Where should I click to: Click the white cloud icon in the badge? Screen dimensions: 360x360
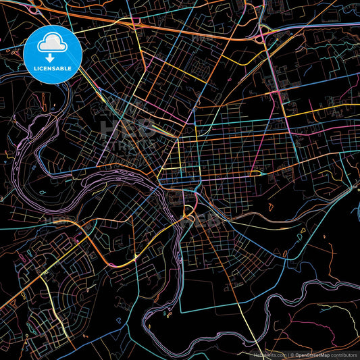coord(53,44)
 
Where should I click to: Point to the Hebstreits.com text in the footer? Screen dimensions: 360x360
coord(269,354)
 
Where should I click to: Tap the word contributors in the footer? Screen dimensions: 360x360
coord(343,354)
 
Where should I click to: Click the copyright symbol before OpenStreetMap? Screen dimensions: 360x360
coord(292,354)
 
